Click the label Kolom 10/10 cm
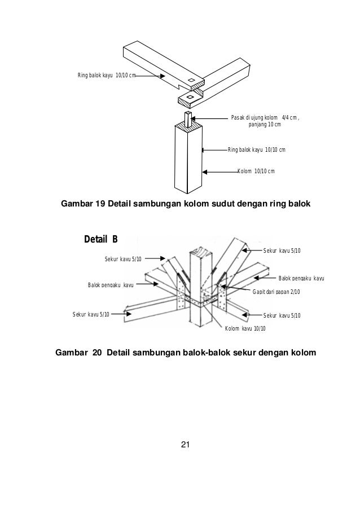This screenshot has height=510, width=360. tap(256, 171)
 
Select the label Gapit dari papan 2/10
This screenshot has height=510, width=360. tap(276, 291)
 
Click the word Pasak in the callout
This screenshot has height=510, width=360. tap(238, 118)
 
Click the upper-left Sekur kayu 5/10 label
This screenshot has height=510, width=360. tap(123, 259)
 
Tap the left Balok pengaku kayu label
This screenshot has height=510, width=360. tap(110, 285)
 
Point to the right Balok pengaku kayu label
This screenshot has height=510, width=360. tap(301, 278)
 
